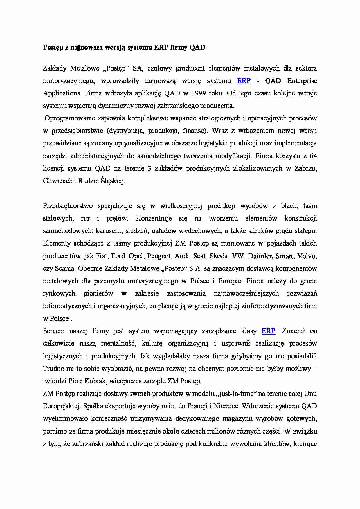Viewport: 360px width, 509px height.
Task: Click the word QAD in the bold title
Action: click(197, 48)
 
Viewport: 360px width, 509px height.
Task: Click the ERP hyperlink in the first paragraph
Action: click(244, 81)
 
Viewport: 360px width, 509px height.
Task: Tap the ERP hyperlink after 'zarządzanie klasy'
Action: click(268, 331)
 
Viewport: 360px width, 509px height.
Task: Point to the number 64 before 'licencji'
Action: click(313, 156)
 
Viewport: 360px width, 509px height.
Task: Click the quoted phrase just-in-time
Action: click(237, 394)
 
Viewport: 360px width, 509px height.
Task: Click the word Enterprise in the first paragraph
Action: click(302, 81)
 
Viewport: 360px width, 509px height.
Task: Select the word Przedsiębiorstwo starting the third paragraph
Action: click(67, 206)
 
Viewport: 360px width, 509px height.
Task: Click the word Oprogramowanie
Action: click(69, 118)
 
